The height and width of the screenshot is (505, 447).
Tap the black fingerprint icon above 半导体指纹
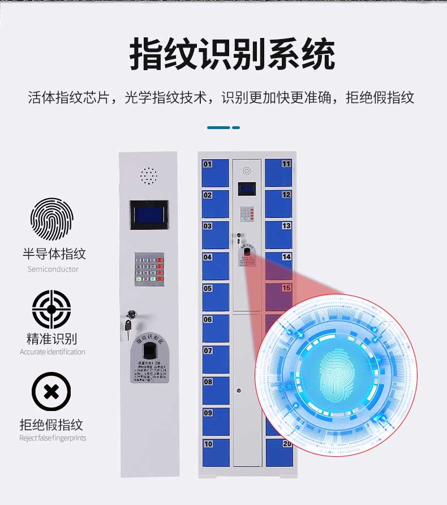[51, 219]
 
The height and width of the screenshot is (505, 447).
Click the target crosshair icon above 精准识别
[51, 309]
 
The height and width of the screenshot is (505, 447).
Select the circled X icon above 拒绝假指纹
[51, 391]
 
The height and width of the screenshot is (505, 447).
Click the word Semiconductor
[53, 269]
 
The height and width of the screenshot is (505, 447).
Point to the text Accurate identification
[53, 352]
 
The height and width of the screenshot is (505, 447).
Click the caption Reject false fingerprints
[53, 438]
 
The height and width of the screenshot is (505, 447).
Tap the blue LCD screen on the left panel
[149, 215]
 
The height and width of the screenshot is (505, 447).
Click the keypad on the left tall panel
[149, 269]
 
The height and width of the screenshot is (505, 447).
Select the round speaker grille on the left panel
[149, 176]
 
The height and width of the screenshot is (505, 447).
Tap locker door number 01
[216, 173]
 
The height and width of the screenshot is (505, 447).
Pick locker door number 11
[278, 173]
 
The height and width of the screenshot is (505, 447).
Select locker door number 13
[278, 234]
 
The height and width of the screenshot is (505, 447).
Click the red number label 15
[286, 288]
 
